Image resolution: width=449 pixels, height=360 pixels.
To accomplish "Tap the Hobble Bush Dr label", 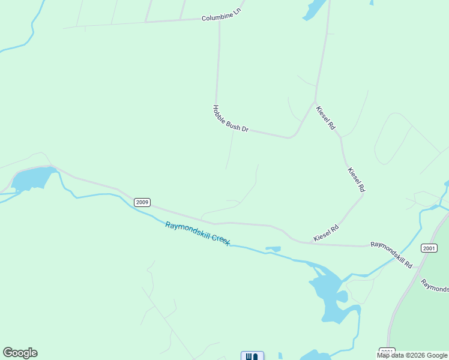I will (x=230, y=119).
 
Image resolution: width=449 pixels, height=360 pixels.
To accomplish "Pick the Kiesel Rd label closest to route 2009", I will (x=326, y=233).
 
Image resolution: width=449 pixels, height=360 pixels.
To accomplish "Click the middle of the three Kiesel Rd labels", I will (x=356, y=179).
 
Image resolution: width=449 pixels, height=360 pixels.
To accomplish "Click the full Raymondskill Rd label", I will (x=391, y=254).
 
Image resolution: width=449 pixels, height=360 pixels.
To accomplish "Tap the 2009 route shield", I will (x=142, y=202).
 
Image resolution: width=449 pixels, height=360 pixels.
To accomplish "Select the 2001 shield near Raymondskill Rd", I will (x=429, y=248).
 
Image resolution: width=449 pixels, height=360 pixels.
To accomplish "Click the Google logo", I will (x=20, y=353).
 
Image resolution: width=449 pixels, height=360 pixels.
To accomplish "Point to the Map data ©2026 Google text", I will (x=412, y=355).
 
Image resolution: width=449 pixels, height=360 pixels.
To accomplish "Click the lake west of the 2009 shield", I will (x=34, y=179).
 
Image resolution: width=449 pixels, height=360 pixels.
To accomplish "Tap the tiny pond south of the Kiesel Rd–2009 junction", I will (x=273, y=248).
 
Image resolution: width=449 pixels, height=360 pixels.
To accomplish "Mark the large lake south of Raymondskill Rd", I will (x=329, y=297).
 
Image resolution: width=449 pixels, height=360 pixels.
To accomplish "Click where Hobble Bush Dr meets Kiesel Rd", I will (x=315, y=103).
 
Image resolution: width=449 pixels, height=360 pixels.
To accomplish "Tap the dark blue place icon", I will (x=252, y=356).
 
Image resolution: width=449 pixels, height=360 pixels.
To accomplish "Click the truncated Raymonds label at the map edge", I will (x=435, y=285).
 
